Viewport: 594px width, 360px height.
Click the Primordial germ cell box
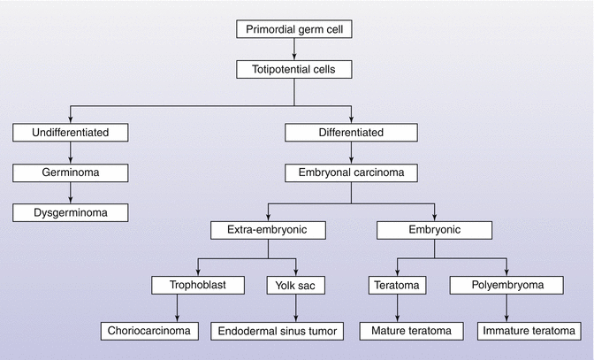tap(296, 30)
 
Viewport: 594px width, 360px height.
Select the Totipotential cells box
tap(296, 67)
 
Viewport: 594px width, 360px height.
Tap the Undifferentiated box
tap(70, 134)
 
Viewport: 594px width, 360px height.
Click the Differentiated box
tap(352, 134)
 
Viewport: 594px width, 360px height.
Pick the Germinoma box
tap(70, 172)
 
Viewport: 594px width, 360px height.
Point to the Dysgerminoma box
tap(70, 212)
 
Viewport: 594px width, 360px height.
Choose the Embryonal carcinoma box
tap(352, 172)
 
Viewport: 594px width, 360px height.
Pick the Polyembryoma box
tap(494, 285)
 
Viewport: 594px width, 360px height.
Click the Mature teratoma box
tap(405, 332)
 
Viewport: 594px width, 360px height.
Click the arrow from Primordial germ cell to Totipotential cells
tap(296, 49)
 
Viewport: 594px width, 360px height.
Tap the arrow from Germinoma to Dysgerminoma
tap(70, 193)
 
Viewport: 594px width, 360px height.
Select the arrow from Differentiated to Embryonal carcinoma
tap(352, 153)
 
